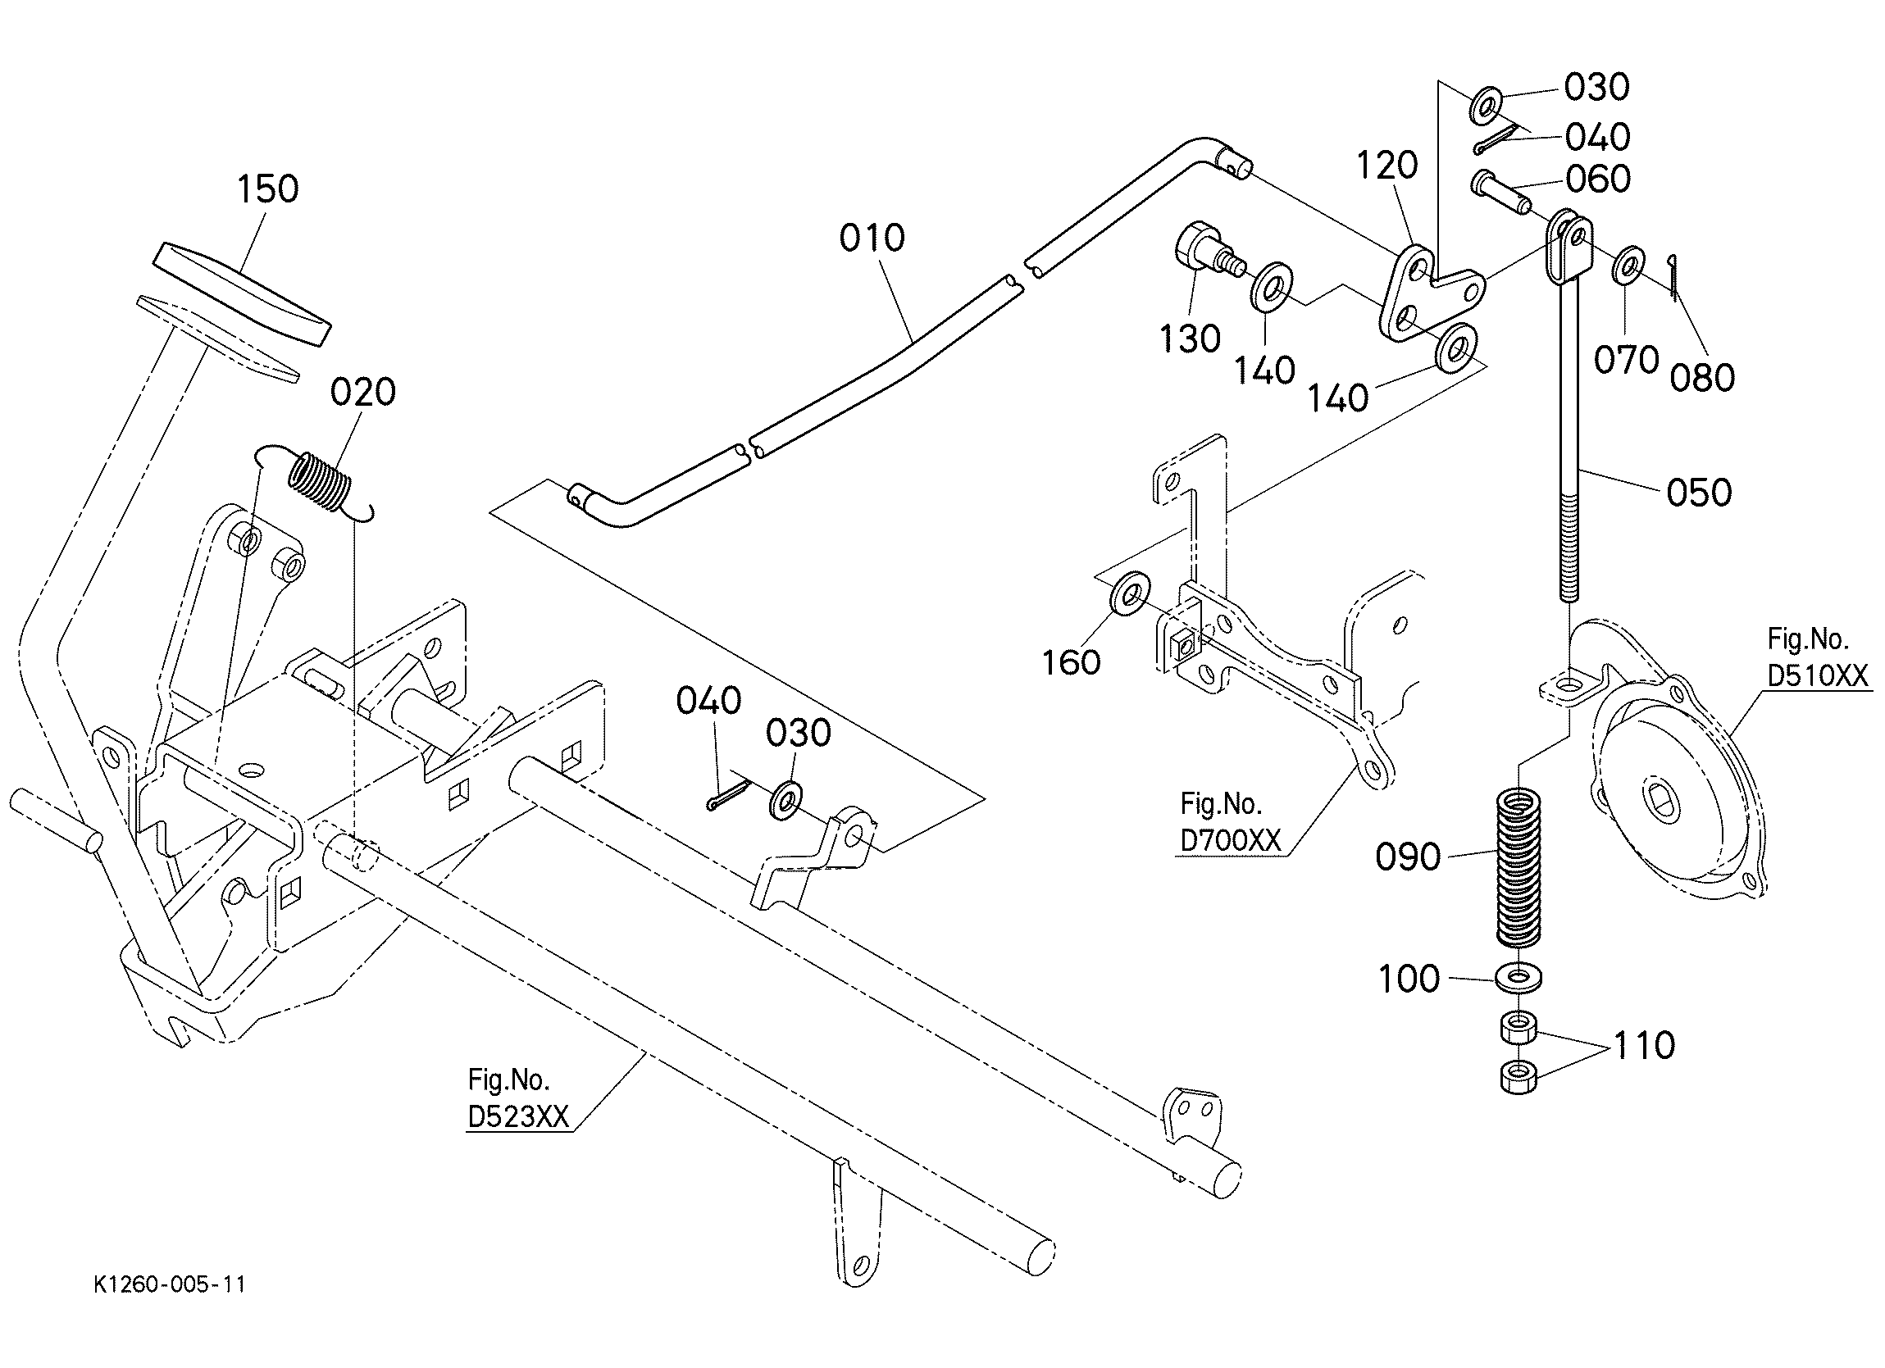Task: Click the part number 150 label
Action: [267, 189]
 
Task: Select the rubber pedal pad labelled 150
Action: [242, 293]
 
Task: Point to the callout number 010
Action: [872, 239]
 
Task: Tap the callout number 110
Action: [1644, 1045]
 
